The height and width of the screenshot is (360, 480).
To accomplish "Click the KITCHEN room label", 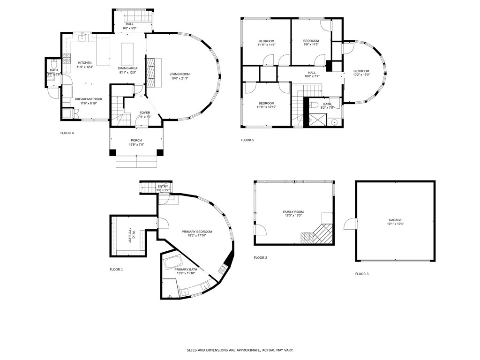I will point(85,63).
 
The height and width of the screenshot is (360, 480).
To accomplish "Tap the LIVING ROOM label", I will point(180,74).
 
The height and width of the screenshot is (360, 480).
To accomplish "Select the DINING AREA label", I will point(127,68).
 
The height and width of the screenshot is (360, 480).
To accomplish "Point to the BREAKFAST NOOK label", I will point(89,99).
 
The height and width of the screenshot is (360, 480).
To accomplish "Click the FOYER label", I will point(145,112).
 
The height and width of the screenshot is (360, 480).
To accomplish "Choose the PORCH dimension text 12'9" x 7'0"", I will point(136,145).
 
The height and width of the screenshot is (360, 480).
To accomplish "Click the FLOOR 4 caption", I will point(67,133).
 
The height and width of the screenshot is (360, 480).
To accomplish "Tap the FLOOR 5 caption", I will point(247,140).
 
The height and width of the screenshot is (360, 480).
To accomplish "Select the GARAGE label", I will point(395,220).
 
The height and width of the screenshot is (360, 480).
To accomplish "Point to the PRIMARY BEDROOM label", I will point(197,232).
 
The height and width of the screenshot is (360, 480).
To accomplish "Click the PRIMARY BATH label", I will point(186,270).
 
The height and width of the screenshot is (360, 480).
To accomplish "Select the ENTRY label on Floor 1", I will point(163,187).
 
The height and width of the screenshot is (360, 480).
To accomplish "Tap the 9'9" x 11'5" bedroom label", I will point(310,41).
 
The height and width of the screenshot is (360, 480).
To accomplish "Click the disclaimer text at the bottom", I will point(240,350).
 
